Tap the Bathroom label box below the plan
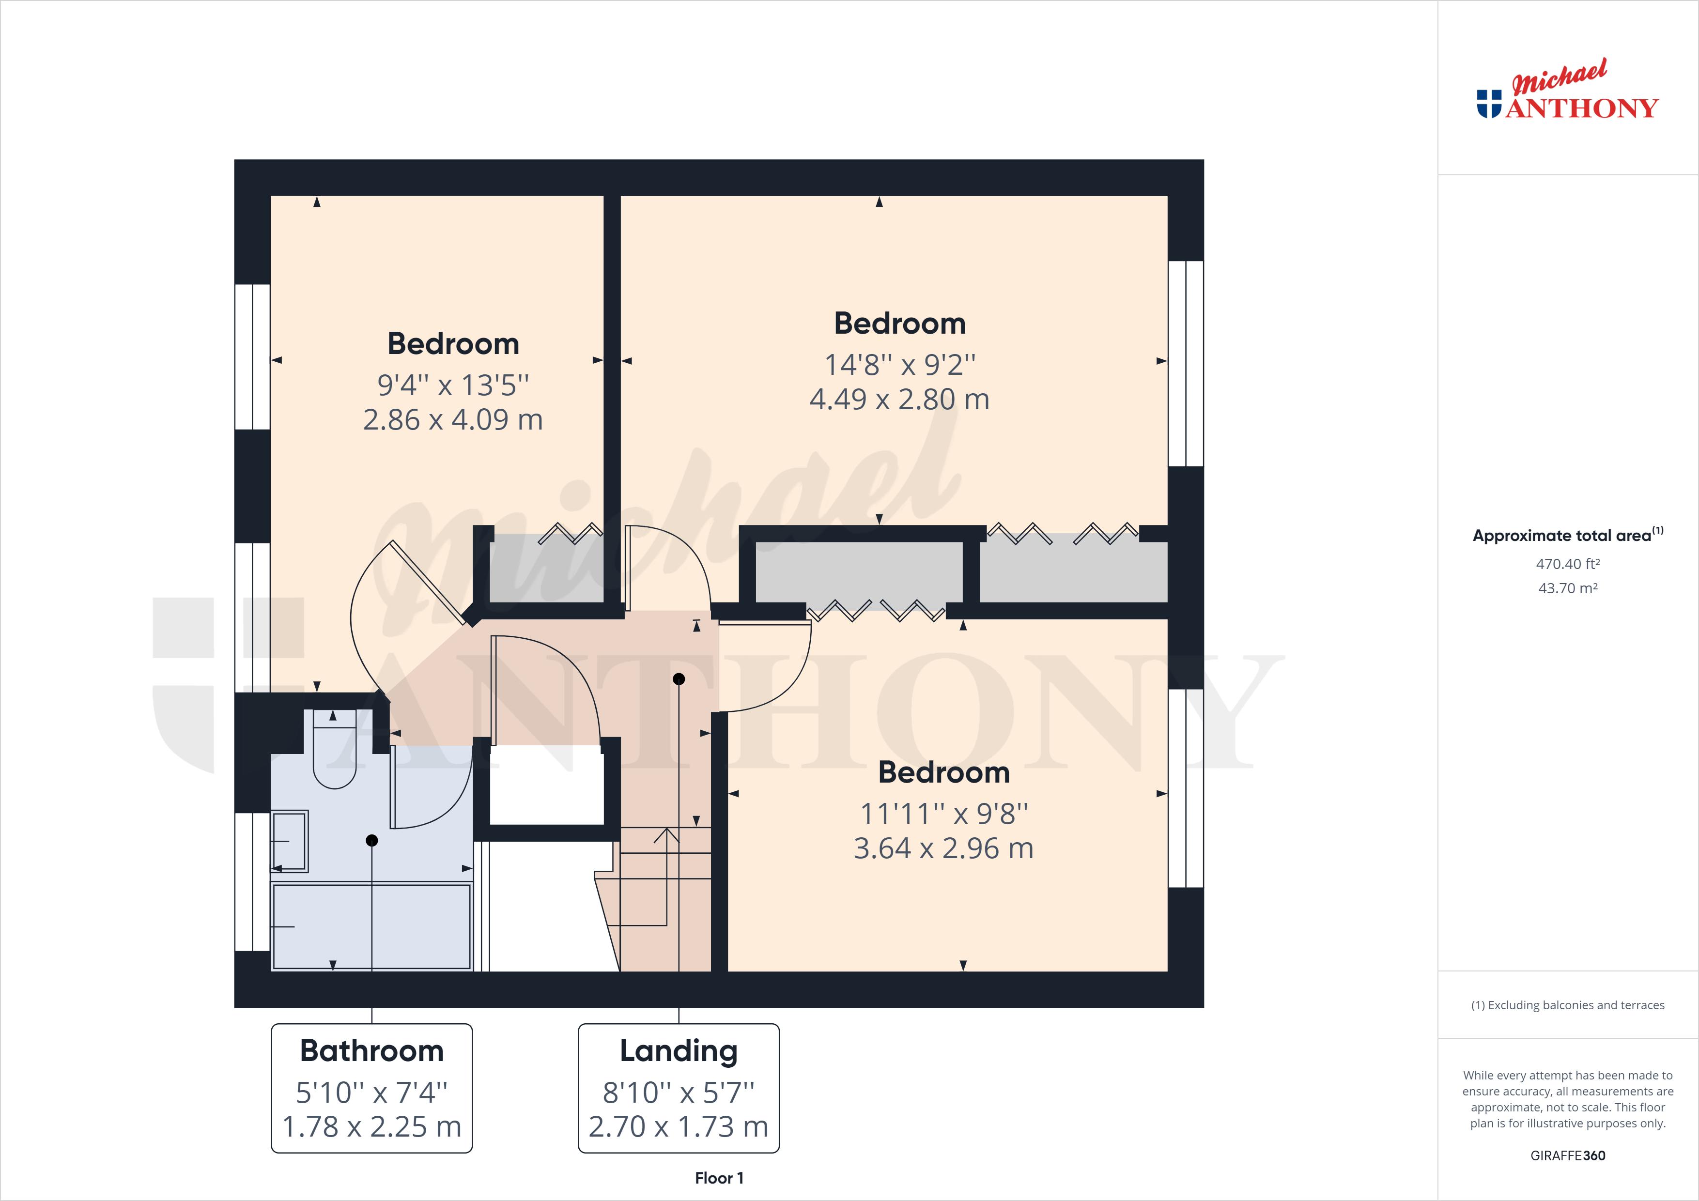coord(371,1088)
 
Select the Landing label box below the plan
coord(679,1088)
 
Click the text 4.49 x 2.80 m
coord(899,400)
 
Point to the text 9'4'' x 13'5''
coord(453,385)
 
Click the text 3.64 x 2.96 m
coord(943,848)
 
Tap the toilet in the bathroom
coord(335,755)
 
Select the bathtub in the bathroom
coord(371,926)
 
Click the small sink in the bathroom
coord(289,841)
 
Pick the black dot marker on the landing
coord(679,678)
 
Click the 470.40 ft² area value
coord(1567,564)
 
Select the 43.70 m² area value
coord(1567,588)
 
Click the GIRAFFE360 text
coord(1567,1155)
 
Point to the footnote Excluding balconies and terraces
coord(1567,1005)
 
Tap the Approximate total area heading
coord(1567,535)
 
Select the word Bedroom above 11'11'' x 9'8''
coord(943,772)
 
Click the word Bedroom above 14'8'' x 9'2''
coord(899,323)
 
